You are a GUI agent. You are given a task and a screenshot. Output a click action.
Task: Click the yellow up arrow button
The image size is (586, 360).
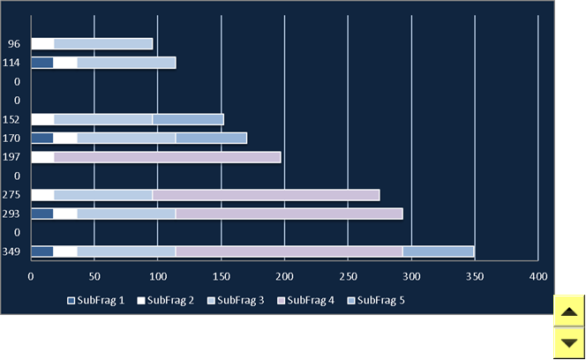pos(569,311)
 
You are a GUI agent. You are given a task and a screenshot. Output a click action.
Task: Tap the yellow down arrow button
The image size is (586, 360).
pos(569,343)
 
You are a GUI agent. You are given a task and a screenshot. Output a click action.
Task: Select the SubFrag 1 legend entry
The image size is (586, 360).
pos(95,301)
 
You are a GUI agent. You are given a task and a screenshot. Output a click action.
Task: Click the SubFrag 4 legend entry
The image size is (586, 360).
pos(305,301)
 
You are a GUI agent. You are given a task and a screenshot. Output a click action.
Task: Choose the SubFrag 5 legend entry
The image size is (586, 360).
pos(376,301)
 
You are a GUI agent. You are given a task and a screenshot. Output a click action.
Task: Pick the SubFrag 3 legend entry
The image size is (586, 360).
pos(236,301)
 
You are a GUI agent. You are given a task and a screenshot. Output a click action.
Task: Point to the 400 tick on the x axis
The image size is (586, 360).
pos(538,277)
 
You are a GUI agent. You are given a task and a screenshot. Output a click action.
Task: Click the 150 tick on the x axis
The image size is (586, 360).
pos(222,277)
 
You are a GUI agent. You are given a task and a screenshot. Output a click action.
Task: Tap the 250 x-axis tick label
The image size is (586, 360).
pos(348,277)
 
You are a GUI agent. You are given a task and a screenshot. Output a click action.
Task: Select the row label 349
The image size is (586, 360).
pos(11,251)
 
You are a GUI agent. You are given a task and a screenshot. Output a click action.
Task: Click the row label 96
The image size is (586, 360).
pos(14,44)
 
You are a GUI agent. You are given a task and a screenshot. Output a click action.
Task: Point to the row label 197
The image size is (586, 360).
pos(11,157)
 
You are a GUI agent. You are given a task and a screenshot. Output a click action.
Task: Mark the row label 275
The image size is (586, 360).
pos(11,195)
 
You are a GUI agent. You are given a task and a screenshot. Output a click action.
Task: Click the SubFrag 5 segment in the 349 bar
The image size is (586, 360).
pos(439,251)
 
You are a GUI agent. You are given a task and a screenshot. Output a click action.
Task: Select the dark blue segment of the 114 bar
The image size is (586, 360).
pos(42,63)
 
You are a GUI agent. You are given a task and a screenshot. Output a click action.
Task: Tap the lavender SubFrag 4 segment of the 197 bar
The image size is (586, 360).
pos(168,157)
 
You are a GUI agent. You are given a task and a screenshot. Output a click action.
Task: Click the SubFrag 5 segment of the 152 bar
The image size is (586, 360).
pos(188,120)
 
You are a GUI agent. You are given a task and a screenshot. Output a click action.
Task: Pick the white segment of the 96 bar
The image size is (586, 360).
pos(42,44)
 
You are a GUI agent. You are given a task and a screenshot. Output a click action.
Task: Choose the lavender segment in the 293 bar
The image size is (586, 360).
pos(289,214)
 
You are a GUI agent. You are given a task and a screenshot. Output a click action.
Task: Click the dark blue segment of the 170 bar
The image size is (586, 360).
pos(42,139)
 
